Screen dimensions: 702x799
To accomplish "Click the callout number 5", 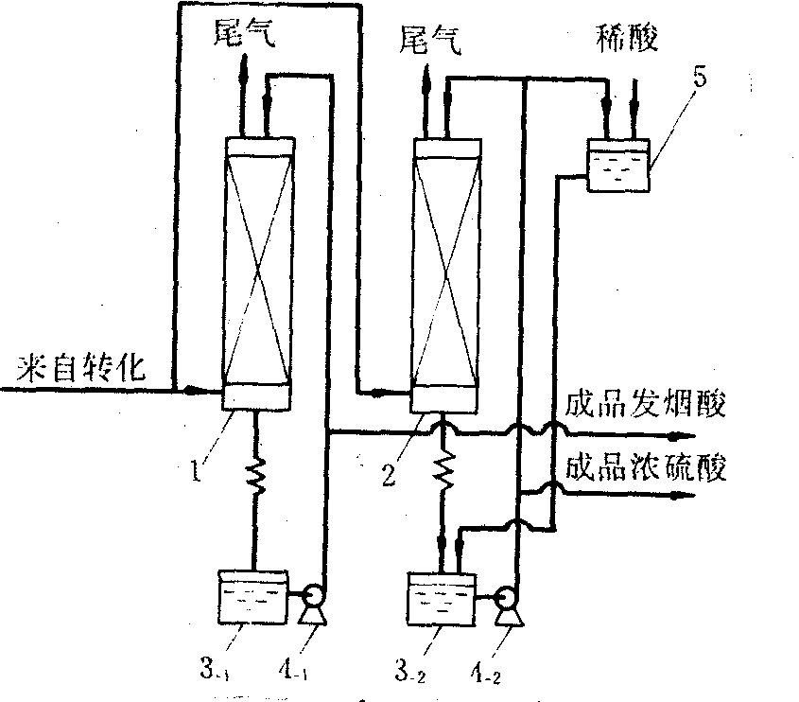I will point(700,78).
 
